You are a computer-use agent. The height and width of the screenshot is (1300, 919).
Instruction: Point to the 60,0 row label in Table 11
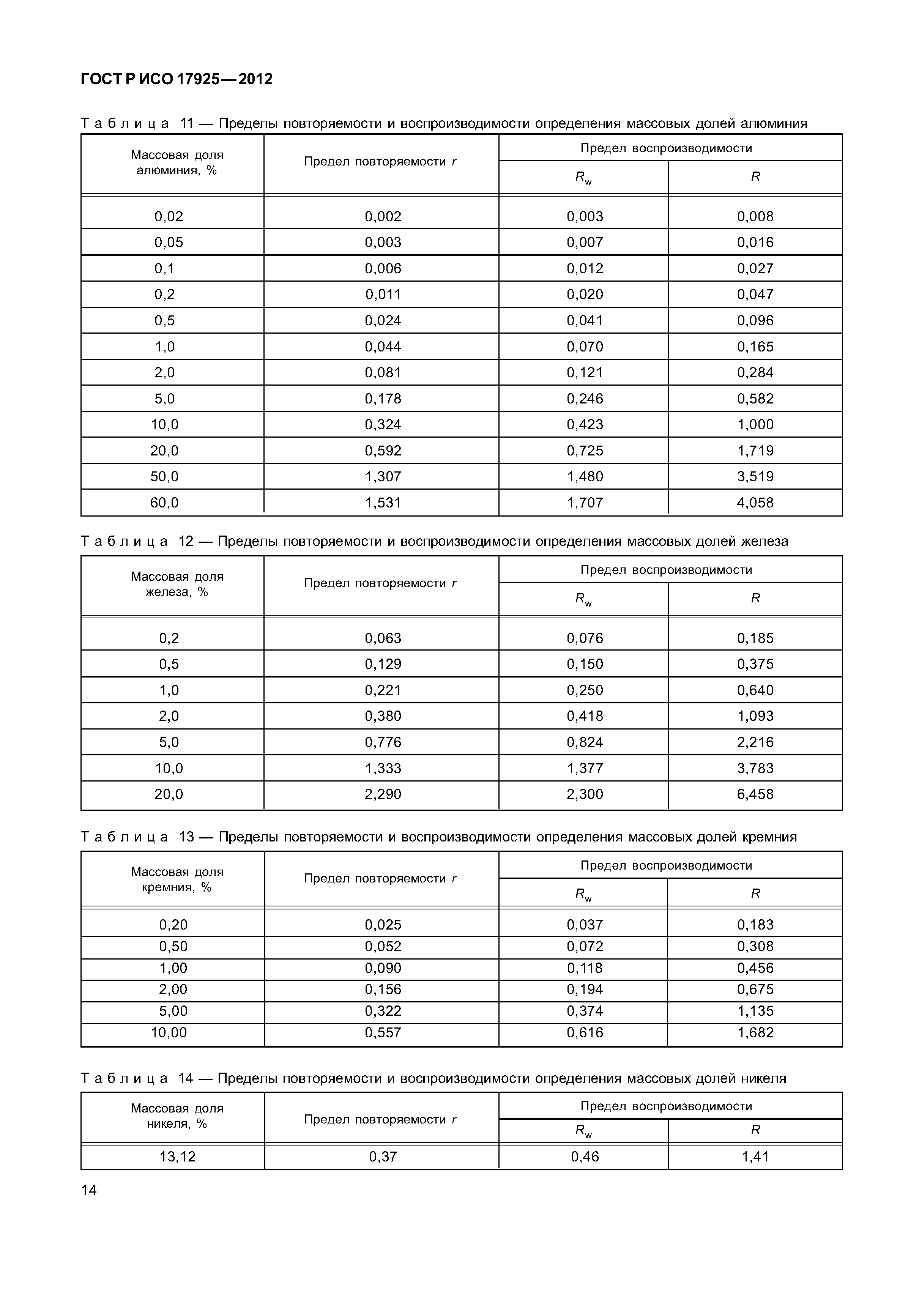point(164,502)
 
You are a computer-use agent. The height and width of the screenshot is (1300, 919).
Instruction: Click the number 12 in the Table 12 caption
point(186,541)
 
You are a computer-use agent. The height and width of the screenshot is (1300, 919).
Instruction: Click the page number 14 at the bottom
point(89,1190)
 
